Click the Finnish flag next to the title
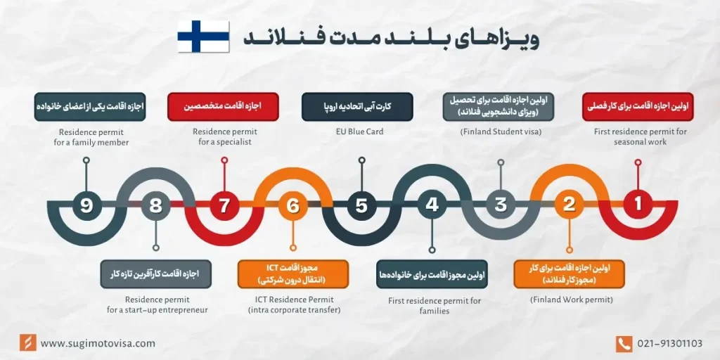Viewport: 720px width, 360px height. click(x=203, y=37)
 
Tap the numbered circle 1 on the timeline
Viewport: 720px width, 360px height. click(x=638, y=205)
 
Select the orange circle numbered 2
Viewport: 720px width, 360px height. click(x=569, y=205)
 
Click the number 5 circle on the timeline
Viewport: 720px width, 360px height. click(x=361, y=205)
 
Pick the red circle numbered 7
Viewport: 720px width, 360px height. click(x=224, y=205)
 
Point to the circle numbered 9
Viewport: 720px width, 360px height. click(x=86, y=205)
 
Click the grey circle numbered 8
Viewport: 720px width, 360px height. click(x=155, y=205)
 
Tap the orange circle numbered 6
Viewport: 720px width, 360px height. click(x=293, y=205)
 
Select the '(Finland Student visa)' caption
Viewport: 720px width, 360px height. click(x=501, y=131)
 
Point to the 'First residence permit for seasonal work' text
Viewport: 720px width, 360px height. click(x=638, y=136)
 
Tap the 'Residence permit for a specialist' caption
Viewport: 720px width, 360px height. click(x=225, y=136)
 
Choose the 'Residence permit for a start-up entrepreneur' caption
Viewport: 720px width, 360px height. click(x=157, y=304)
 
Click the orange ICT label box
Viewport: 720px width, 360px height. click(x=293, y=274)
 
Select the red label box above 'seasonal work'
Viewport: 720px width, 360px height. click(x=638, y=107)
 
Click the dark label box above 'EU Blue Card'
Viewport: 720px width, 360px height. click(x=357, y=107)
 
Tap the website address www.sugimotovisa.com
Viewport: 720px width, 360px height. click(x=98, y=343)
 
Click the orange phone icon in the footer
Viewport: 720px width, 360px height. click(x=624, y=343)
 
